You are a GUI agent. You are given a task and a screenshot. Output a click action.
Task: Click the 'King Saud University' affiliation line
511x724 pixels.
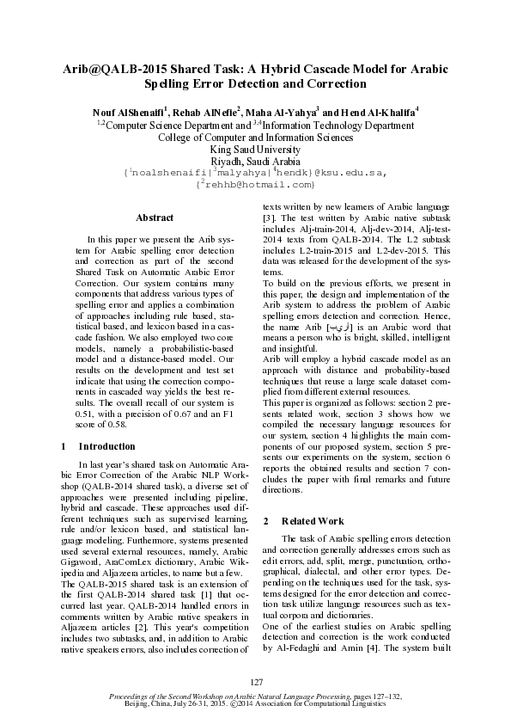[255, 149]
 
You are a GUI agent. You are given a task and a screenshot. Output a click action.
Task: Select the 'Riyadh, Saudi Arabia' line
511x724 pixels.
[255, 161]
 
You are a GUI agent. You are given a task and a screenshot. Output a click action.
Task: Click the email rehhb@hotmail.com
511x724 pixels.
[257, 184]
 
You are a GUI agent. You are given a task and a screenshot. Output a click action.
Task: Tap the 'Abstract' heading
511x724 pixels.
[155, 218]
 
